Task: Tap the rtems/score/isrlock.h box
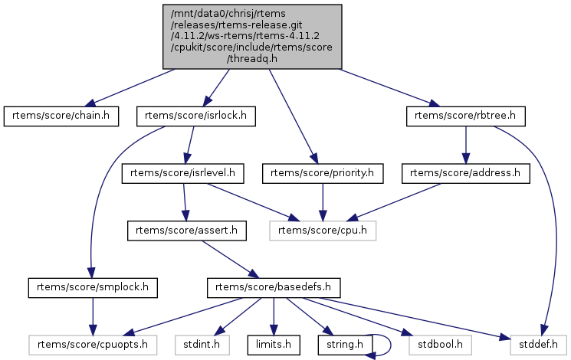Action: coord(195,116)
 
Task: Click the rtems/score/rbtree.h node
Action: coord(465,116)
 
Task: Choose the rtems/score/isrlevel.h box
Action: coord(183,173)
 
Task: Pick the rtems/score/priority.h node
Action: coord(323,173)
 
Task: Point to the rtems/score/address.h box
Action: coord(465,173)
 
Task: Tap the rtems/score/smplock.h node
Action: coord(93,287)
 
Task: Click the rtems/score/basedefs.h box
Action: coord(274,287)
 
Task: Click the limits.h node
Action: coord(273,345)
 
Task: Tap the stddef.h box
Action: coord(534,345)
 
